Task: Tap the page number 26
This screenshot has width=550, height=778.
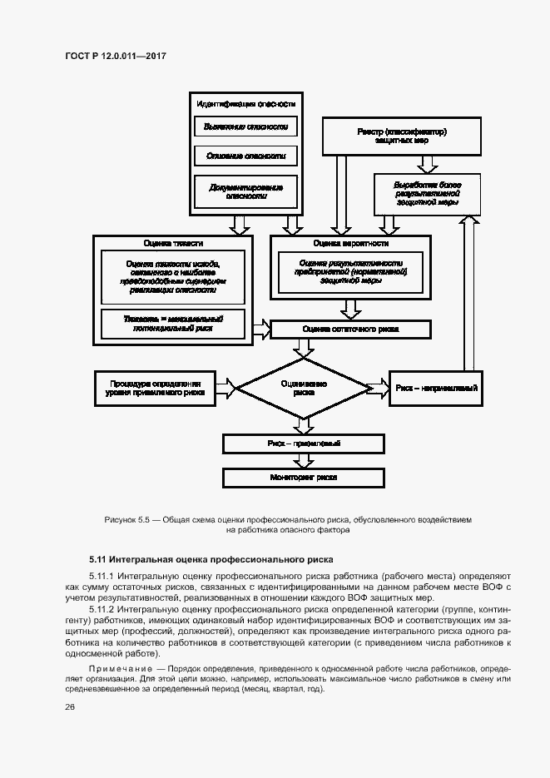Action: [x=69, y=706]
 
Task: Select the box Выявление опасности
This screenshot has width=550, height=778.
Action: [x=245, y=126]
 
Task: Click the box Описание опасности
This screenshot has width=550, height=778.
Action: [x=245, y=156]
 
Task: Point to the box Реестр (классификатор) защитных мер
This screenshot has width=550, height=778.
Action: [x=401, y=136]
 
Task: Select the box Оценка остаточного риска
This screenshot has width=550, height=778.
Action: [x=350, y=330]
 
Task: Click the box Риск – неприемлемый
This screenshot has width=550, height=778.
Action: [x=434, y=387]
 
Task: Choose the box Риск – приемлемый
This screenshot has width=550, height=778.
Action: [x=304, y=444]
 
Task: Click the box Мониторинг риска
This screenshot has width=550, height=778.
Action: [x=304, y=478]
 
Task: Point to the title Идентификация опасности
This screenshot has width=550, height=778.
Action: [x=245, y=104]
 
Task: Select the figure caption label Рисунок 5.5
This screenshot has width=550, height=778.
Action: [x=126, y=519]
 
